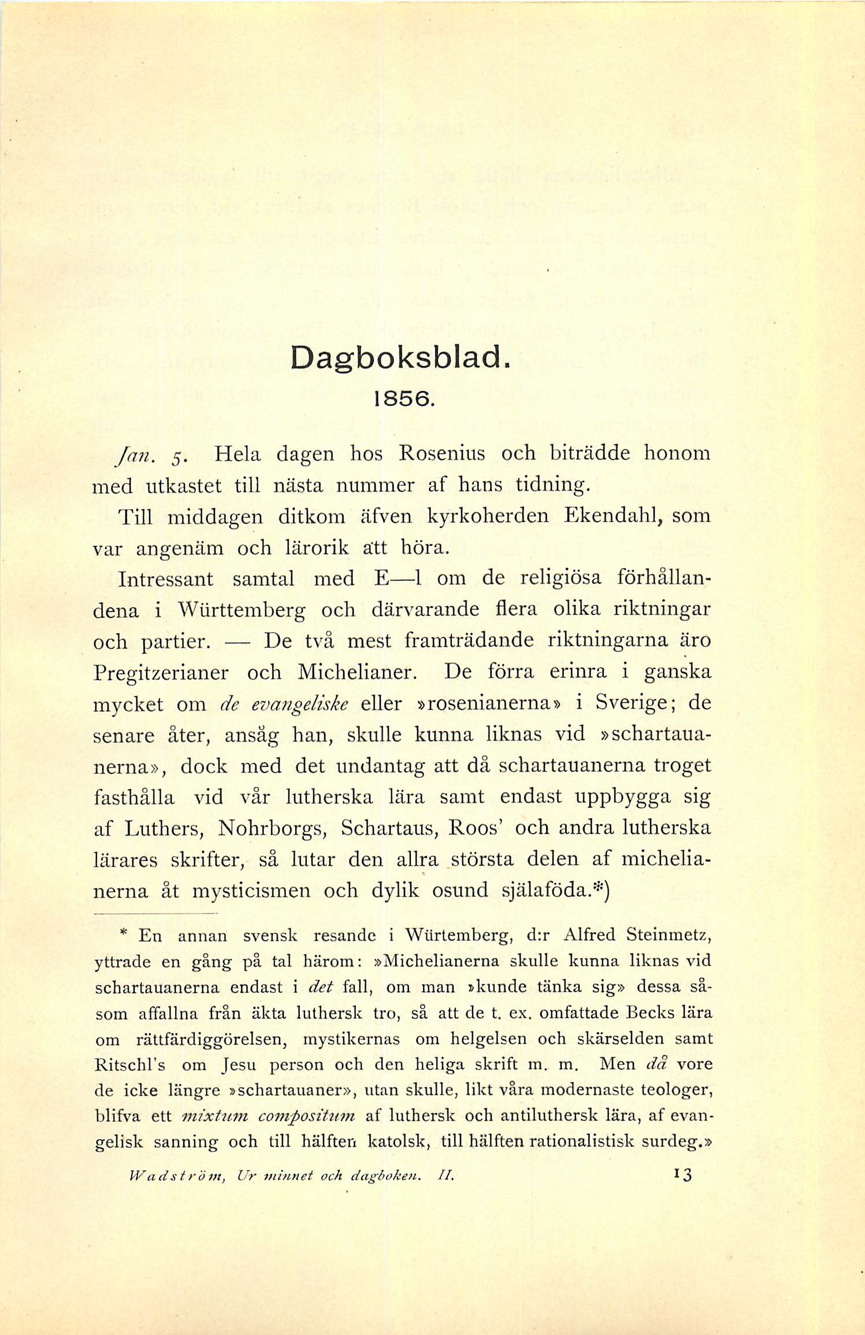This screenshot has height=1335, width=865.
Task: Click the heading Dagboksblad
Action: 400,359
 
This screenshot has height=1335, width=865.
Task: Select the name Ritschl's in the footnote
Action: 129,1065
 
